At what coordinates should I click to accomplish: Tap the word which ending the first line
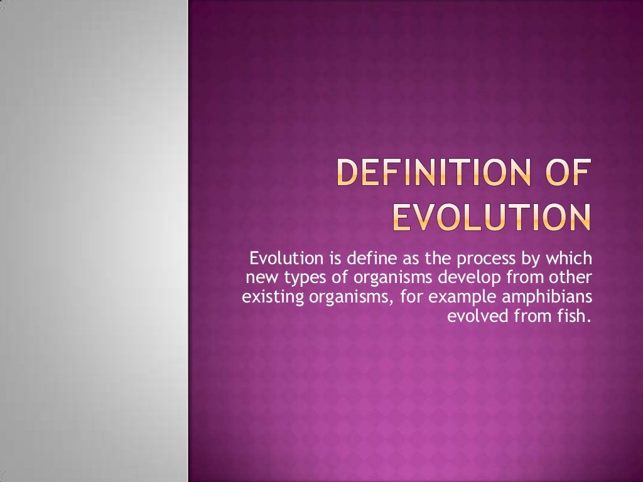pos(569,259)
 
